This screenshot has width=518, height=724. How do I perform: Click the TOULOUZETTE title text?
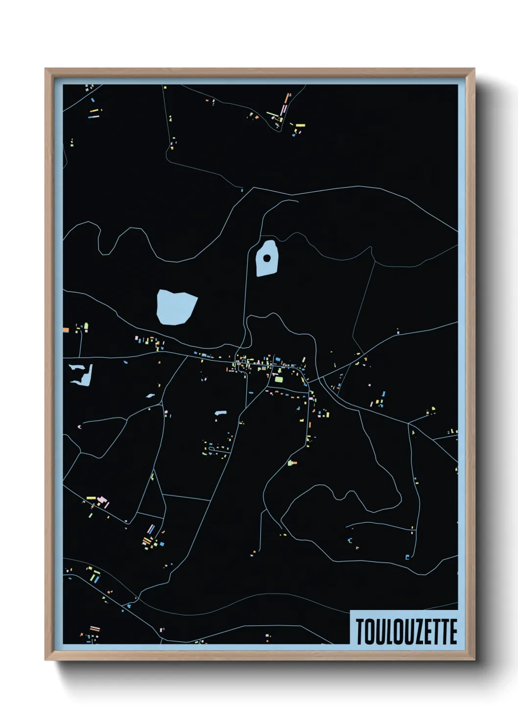406,632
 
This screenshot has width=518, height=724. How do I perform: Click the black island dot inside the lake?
267,258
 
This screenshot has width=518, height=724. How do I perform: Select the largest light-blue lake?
175,307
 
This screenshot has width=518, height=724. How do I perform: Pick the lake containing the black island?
267,267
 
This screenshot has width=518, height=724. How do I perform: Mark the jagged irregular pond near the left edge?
81,374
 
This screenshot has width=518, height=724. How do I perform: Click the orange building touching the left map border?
66,331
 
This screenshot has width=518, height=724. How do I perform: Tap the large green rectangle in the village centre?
279,379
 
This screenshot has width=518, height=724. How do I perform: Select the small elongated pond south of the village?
220,413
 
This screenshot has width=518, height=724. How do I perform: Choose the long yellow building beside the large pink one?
92,498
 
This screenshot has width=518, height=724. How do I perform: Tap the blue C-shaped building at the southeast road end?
350,540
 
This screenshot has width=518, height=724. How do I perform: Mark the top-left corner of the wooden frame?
46,69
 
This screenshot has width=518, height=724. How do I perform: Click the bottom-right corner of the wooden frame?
474,659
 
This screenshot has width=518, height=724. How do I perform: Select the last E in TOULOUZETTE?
453,632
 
